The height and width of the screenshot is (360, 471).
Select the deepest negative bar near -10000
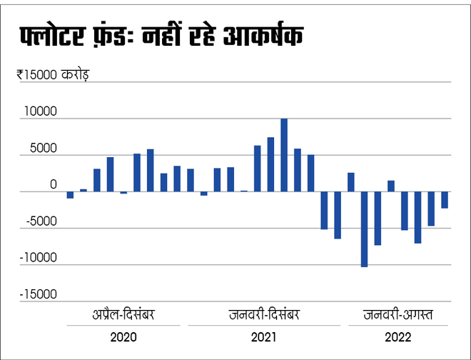364,229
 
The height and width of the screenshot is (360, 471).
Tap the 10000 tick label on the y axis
40,111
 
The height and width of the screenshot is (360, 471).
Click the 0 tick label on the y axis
52,185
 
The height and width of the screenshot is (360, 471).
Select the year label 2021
264,337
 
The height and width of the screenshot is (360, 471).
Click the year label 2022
397,337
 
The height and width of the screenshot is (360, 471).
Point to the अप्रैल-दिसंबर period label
124,314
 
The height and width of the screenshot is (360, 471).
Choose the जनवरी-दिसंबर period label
265,314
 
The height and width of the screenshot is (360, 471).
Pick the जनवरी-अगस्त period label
397,314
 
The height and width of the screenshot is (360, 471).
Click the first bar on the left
70,195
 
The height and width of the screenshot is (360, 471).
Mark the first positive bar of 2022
351,182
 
